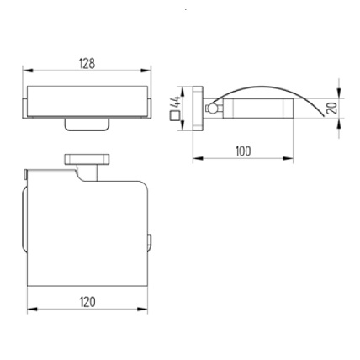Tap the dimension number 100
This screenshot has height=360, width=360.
tap(243, 151)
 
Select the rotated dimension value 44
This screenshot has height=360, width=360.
tap(177, 102)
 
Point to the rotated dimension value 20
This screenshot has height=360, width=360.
tap(333, 107)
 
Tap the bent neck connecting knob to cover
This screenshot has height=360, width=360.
tap(84, 175)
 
